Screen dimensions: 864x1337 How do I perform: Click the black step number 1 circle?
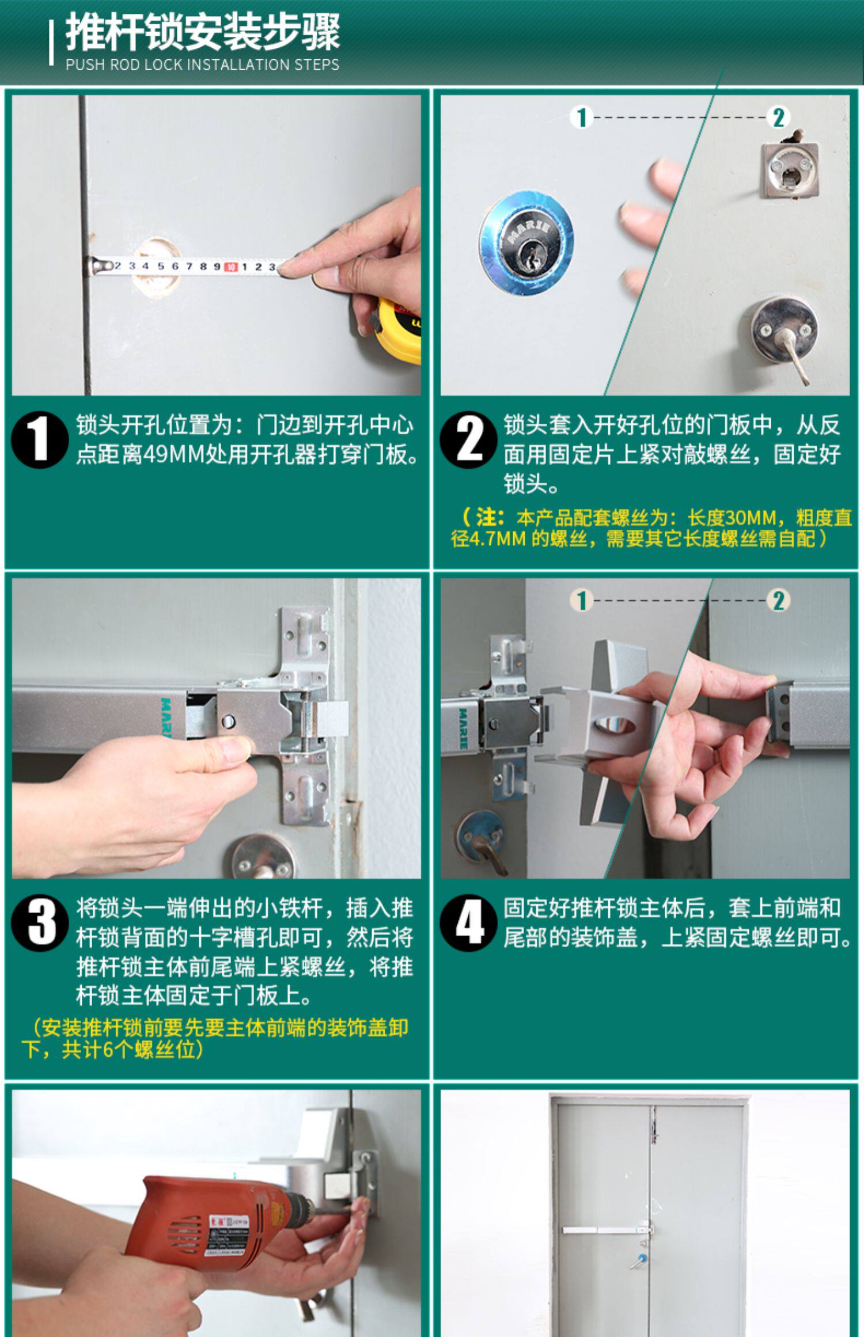(40, 439)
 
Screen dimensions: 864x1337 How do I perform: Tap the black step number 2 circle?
(468, 439)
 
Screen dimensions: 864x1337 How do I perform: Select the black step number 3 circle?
(40, 922)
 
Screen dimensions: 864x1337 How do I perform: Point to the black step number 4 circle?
(468, 922)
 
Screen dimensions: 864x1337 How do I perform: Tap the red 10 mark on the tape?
(230, 267)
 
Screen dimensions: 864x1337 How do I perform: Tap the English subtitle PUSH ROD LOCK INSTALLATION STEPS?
(202, 64)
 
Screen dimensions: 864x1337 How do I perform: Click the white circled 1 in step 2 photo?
(582, 117)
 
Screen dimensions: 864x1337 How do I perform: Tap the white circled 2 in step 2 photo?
(778, 117)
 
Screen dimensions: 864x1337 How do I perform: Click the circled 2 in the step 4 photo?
(778, 601)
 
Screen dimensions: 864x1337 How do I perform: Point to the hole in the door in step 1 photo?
(157, 267)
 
